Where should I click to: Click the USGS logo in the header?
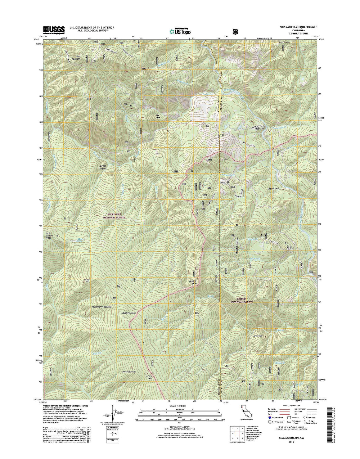coord(54,29)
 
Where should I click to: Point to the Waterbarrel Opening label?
coord(101,307)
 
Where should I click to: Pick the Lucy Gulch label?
coord(258,336)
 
